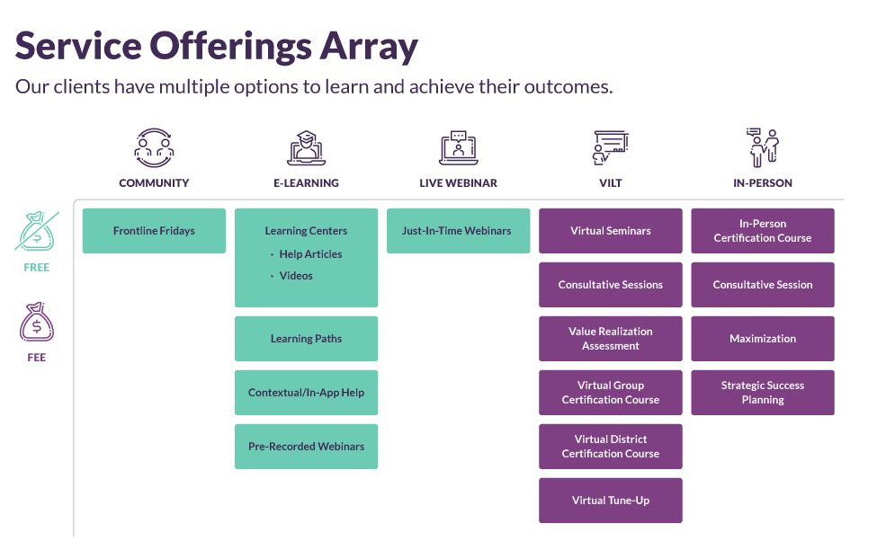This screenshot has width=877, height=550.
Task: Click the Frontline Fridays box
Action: pyautogui.click(x=154, y=231)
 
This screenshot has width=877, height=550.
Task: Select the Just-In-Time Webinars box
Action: pyautogui.click(x=456, y=231)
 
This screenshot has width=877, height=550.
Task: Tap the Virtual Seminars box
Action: pyautogui.click(x=610, y=231)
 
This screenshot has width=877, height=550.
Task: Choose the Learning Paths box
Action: pyautogui.click(x=306, y=339)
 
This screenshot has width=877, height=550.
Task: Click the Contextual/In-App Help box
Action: pyautogui.click(x=306, y=393)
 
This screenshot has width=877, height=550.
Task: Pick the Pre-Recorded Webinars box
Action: pyautogui.click(x=306, y=447)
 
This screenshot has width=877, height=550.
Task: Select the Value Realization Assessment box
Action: pyautogui.click(x=610, y=339)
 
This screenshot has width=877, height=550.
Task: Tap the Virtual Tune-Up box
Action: pyautogui.click(x=610, y=501)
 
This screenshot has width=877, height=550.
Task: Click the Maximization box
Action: pyautogui.click(x=762, y=339)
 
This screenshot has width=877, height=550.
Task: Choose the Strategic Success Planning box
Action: pyautogui.click(x=762, y=393)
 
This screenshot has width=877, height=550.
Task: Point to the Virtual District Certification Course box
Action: pyautogui.click(x=610, y=447)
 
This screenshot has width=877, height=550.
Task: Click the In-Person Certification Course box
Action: pyautogui.click(x=762, y=231)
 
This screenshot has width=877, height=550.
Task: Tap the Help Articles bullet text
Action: pyautogui.click(x=310, y=254)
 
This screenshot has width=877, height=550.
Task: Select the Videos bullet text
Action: pyautogui.click(x=296, y=276)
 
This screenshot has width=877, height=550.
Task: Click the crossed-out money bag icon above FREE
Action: pyautogui.click(x=37, y=232)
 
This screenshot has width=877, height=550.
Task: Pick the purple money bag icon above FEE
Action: pyautogui.click(x=37, y=323)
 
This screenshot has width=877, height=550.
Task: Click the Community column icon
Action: pyautogui.click(x=154, y=147)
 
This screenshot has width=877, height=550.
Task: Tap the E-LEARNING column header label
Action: pyautogui.click(x=306, y=182)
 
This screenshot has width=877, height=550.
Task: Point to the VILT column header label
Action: pyautogui.click(x=610, y=182)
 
